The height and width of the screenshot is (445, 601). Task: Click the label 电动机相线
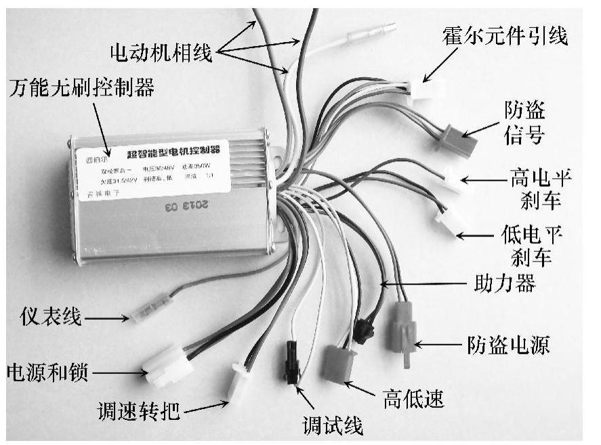pos(161,52)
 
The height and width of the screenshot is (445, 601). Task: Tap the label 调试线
pos(332,425)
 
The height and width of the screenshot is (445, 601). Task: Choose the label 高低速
pos(413,399)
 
